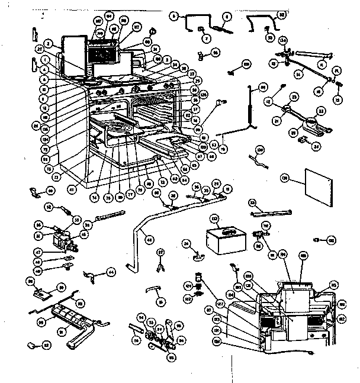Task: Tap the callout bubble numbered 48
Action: click(149, 239)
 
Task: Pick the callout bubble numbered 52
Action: click(50, 207)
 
